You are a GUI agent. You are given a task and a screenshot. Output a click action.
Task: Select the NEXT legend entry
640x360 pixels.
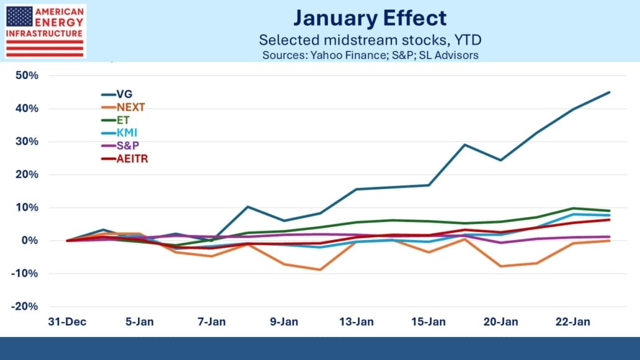[130, 107]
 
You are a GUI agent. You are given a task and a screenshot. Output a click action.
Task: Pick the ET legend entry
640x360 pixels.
[123, 120]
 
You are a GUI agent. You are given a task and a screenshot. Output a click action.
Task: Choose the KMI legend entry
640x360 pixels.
[126, 133]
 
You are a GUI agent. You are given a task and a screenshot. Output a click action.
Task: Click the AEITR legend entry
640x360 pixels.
[132, 159]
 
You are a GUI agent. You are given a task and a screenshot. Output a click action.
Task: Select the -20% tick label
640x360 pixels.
[27, 307]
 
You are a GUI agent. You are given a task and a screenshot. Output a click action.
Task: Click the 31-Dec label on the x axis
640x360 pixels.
[66, 323]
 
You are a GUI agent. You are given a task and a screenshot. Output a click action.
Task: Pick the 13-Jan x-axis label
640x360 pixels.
[356, 323]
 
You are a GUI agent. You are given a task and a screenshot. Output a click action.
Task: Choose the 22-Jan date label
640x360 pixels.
[573, 323]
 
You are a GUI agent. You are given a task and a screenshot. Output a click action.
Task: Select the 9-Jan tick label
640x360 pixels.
[283, 323]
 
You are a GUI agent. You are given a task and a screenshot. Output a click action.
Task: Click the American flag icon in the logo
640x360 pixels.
[18, 18]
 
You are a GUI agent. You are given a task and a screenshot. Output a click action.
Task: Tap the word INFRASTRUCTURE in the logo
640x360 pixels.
[44, 33]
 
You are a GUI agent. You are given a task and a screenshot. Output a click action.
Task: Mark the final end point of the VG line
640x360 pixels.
[610, 92]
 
